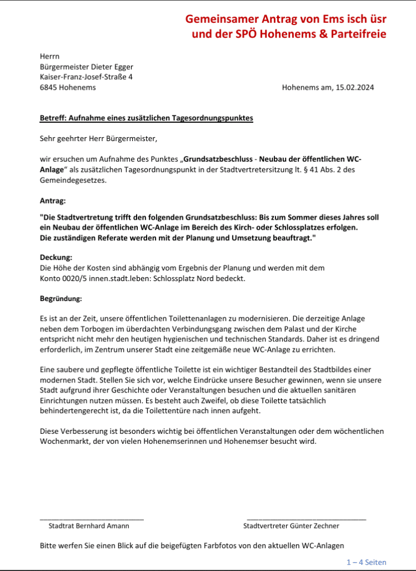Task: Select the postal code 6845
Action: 50,88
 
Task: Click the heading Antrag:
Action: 53,200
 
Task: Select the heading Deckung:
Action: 56,258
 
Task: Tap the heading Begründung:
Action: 61,299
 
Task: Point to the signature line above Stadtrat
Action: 91,519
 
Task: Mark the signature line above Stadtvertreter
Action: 306,519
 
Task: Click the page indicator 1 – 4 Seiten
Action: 366,562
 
